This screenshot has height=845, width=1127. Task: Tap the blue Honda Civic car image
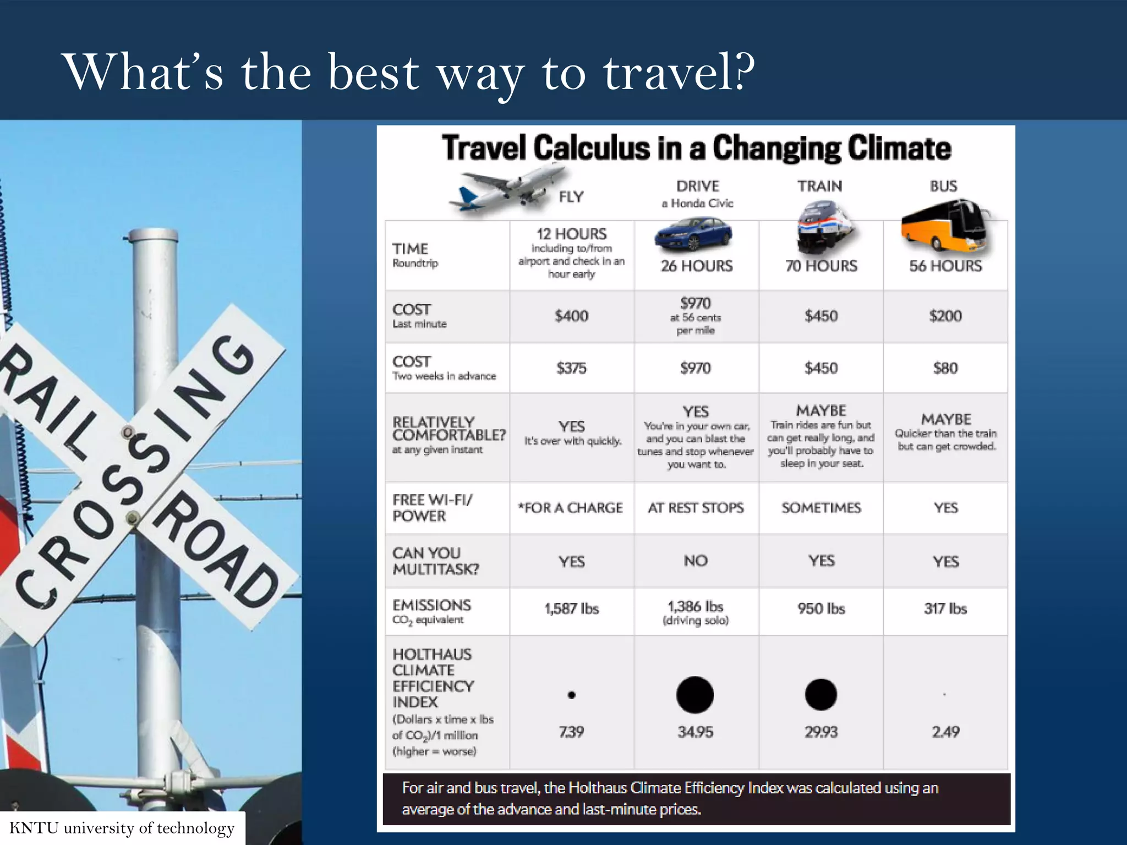[x=693, y=234]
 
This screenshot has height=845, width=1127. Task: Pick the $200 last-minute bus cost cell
[x=945, y=316]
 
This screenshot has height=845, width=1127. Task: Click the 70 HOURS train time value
[x=821, y=266]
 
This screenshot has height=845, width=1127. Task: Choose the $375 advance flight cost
[x=571, y=368]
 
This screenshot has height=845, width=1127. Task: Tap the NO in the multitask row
[x=696, y=561]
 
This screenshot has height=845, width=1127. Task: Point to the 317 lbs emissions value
[x=945, y=608]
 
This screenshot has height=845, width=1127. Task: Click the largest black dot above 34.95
[x=695, y=695]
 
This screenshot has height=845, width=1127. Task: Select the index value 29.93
[x=821, y=732]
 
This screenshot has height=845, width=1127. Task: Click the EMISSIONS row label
[x=432, y=606]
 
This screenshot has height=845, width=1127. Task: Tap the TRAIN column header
[x=820, y=186]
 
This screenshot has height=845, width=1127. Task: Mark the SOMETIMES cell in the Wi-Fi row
[x=821, y=508]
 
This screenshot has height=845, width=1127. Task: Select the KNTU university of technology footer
[x=122, y=828]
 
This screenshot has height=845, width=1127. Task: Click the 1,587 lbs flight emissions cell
[x=571, y=608]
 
